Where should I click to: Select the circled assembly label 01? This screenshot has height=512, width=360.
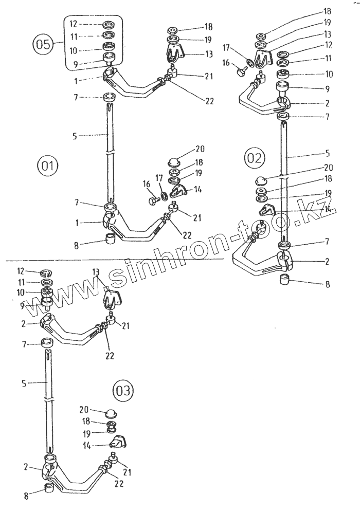[47, 167]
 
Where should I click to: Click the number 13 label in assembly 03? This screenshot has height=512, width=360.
[96, 272]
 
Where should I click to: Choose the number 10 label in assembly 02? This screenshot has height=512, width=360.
[329, 74]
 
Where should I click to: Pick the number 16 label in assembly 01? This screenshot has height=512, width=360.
[147, 184]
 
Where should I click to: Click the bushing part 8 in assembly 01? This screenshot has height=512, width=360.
[110, 239]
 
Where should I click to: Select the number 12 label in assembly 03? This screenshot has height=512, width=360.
[21, 271]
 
